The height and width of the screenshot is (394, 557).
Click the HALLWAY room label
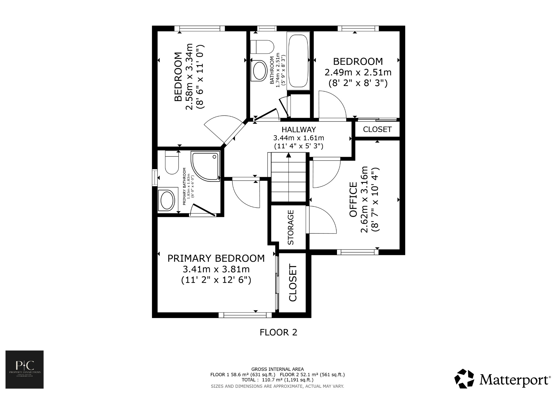(299, 130)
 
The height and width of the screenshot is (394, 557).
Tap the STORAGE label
(291, 227)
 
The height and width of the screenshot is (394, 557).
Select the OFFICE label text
(353, 199)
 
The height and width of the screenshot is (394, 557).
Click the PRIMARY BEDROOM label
(216, 258)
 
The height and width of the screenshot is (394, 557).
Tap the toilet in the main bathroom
(262, 47)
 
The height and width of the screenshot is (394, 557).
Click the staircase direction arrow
(289, 155)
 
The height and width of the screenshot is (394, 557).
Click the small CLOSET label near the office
(377, 130)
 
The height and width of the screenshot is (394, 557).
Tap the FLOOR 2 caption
(278, 332)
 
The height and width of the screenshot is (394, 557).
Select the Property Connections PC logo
(24, 369)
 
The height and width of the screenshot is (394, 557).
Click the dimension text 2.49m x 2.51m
(358, 72)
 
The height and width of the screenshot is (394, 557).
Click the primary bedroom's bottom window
(245, 315)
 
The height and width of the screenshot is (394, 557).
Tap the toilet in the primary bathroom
(172, 163)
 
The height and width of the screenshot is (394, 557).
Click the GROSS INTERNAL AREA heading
(277, 369)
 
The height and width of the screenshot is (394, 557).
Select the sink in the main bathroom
(259, 71)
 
